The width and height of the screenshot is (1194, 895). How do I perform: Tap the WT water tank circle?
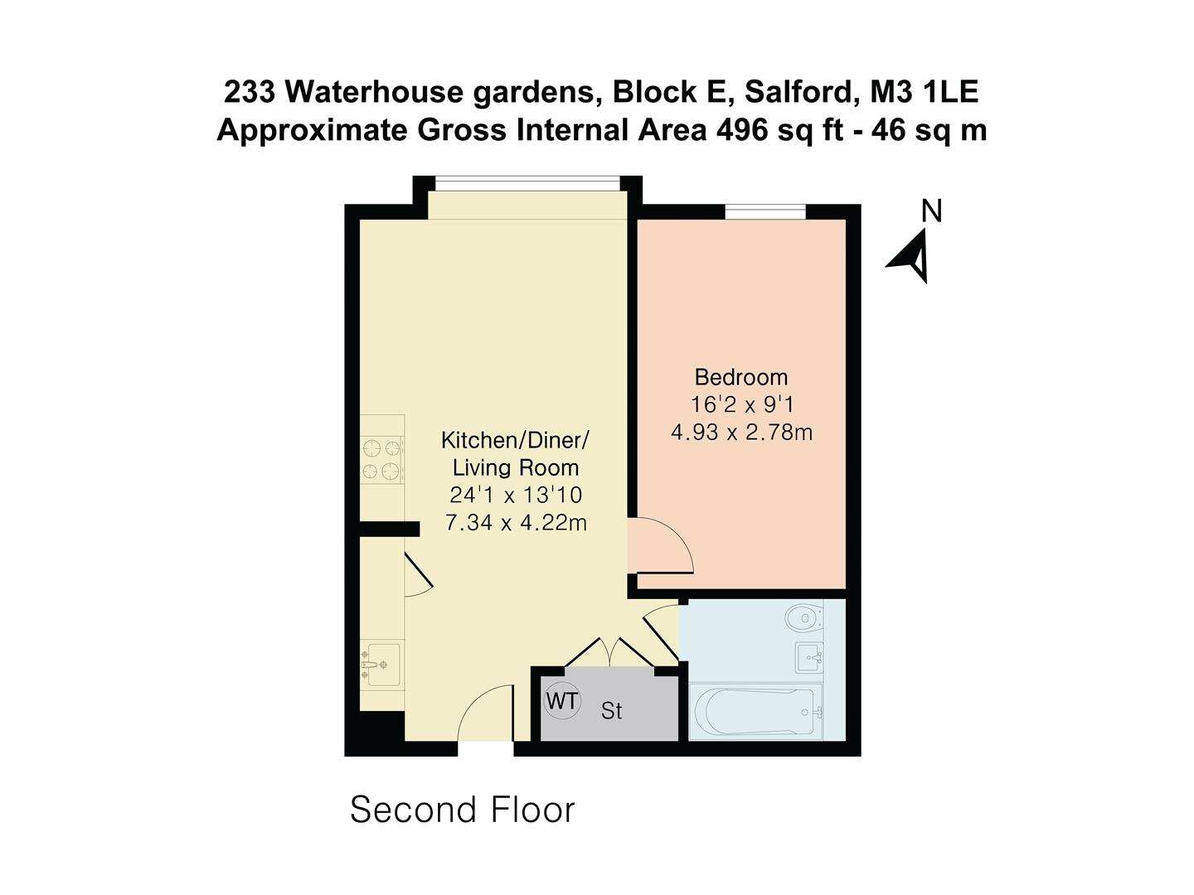[x=562, y=701]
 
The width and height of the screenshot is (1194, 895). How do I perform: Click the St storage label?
[x=612, y=711]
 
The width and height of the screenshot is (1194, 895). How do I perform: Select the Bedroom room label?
[x=741, y=377]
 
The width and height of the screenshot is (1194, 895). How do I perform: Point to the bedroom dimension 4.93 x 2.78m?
[x=741, y=432]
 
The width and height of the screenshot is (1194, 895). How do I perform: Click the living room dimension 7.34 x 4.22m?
[x=516, y=523]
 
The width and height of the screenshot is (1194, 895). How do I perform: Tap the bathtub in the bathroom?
[x=755, y=712]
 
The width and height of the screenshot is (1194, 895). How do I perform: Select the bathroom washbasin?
[x=808, y=658]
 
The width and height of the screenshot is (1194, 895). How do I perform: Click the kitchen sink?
[x=381, y=665]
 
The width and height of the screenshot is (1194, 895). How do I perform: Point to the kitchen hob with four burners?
[x=382, y=460]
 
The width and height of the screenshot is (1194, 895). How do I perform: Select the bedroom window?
[x=765, y=212]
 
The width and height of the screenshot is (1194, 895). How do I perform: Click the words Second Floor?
[x=462, y=810]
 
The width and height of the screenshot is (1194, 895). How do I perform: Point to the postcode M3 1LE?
[x=923, y=92]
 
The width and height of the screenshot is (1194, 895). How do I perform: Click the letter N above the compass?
[x=932, y=211]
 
